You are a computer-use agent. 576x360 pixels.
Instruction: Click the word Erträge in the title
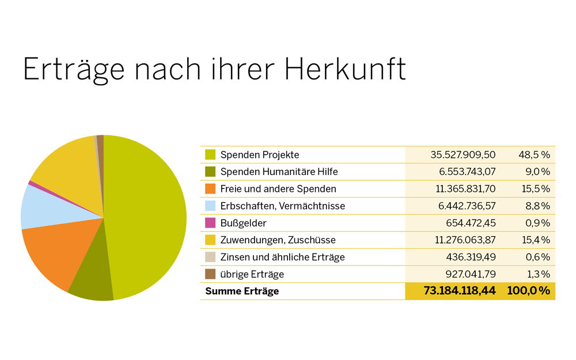click(74, 69)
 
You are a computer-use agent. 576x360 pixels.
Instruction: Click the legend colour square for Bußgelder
click(210, 223)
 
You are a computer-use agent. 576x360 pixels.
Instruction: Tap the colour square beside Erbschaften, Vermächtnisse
click(210, 206)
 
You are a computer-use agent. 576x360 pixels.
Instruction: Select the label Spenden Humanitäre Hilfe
click(279, 172)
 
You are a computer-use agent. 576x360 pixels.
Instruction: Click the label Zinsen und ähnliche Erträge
click(282, 257)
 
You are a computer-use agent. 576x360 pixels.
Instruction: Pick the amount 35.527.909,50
click(463, 154)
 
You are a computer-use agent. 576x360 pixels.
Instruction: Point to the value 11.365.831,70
click(463, 189)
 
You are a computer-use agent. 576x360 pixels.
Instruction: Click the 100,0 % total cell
click(528, 291)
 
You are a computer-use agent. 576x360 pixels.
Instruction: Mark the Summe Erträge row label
click(242, 291)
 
